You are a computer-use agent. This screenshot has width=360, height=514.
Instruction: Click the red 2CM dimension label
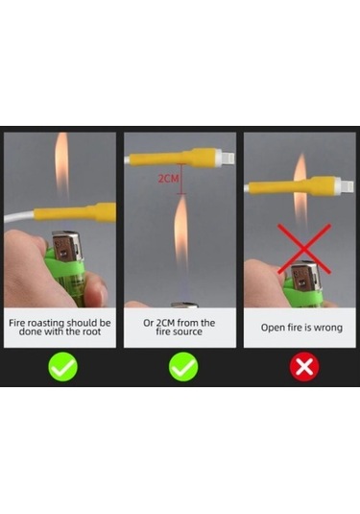click(x=169, y=179)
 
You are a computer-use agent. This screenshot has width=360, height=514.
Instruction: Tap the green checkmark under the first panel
click(x=62, y=366)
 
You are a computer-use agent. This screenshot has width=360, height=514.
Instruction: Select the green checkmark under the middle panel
click(x=183, y=366)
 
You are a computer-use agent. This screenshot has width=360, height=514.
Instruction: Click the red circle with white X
click(x=304, y=366)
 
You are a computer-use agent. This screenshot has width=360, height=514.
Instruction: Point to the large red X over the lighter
click(x=304, y=249)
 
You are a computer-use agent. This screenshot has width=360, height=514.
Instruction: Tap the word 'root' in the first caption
click(x=91, y=331)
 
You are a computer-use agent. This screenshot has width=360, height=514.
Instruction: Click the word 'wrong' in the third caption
click(x=328, y=328)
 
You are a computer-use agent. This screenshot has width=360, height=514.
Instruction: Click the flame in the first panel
click(x=61, y=164)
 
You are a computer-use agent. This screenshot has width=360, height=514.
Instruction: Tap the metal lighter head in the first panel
click(x=65, y=247)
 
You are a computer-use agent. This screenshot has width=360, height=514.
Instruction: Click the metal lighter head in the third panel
click(x=304, y=276)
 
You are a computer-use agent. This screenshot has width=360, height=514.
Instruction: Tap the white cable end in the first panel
click(x=19, y=217)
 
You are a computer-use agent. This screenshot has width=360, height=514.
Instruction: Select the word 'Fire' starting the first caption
click(x=17, y=323)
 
